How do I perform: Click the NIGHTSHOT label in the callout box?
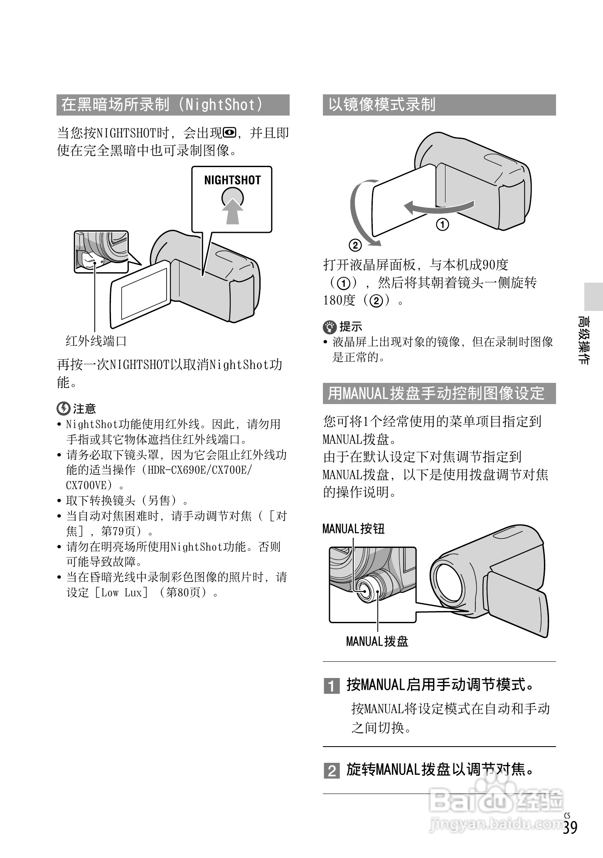[232, 180]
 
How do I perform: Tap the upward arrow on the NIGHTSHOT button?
[232, 210]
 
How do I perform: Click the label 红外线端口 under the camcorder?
[96, 341]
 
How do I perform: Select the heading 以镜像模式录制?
[382, 105]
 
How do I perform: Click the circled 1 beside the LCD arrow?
[443, 225]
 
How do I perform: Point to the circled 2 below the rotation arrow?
[355, 245]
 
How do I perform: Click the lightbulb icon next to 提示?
[330, 327]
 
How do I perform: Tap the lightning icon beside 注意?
[63, 409]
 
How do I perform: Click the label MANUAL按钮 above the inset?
[354, 529]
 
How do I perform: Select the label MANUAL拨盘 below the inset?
[377, 641]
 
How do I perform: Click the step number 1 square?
[332, 685]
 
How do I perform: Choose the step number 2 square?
[332, 771]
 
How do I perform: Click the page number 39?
[571, 827]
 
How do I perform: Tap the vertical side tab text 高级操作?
[584, 340]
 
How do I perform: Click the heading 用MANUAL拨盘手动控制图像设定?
[436, 393]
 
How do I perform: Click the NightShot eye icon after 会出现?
[229, 133]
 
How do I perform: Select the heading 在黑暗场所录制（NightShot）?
[162, 105]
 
